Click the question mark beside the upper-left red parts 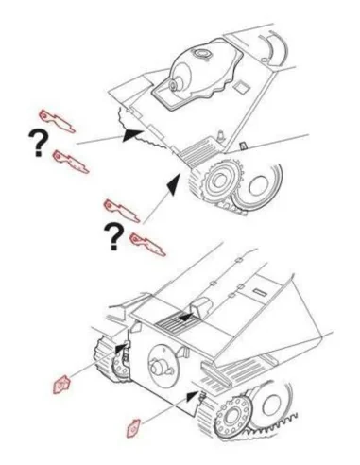(39, 143)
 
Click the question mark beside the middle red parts (114, 236)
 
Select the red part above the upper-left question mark (57, 121)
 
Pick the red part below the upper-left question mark (71, 162)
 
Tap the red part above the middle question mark (122, 211)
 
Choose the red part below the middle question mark (147, 245)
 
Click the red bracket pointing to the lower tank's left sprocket (61, 385)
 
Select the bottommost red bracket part (134, 428)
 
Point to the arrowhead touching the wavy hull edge (132, 134)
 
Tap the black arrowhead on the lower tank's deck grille (187, 317)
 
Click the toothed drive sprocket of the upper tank (219, 181)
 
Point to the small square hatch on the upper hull (242, 86)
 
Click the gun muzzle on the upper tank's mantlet (174, 84)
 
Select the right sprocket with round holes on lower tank (232, 415)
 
